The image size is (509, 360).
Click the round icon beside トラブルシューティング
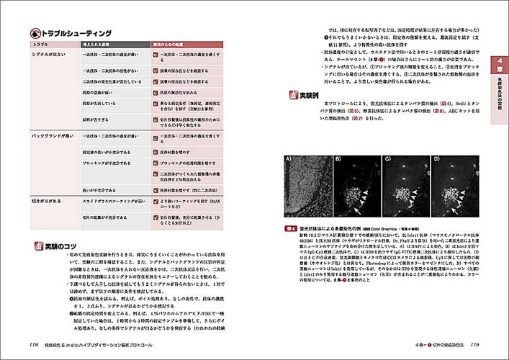pos(35,32)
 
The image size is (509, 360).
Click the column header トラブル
pos(40,45)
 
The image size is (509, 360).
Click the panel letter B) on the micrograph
pos(338,159)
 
